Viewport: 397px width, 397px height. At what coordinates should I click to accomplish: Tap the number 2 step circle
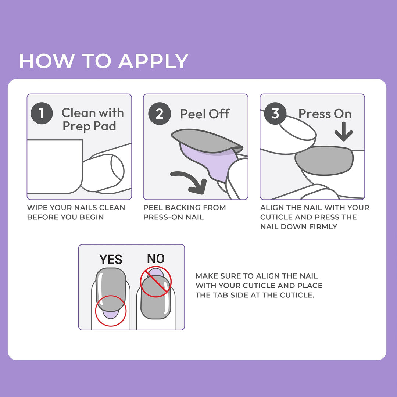click(159, 114)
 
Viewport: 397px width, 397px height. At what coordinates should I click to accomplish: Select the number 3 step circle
click(275, 114)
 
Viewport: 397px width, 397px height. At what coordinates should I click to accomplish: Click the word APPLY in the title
click(153, 61)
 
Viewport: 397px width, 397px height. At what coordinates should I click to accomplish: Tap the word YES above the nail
click(111, 260)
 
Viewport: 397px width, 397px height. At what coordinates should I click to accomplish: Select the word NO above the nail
click(155, 259)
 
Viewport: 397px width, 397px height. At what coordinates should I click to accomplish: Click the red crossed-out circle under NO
click(155, 282)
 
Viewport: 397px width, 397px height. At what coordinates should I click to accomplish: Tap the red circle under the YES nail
click(111, 311)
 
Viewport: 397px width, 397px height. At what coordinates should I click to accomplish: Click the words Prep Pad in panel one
click(89, 126)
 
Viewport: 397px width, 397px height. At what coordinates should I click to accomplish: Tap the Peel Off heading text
click(205, 114)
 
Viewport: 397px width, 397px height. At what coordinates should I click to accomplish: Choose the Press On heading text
click(325, 114)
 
